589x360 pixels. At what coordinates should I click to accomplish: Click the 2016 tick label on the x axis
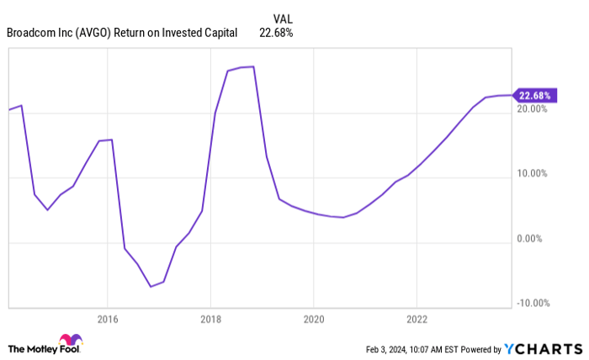click(107, 319)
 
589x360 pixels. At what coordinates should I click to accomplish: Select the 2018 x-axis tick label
click(210, 319)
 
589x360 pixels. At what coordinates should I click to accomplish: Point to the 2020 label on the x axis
click(313, 319)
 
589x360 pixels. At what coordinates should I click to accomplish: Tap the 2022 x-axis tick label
click(417, 319)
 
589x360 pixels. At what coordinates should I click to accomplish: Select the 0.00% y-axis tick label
click(533, 238)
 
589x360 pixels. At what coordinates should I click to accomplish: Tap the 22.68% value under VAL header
click(278, 33)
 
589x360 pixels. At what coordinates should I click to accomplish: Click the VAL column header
click(284, 18)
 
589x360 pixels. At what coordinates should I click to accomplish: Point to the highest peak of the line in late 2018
click(253, 66)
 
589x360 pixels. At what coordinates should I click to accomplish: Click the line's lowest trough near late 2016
click(151, 287)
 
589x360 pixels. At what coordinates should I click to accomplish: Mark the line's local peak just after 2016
click(112, 140)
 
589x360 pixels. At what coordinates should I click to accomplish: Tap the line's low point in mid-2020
click(342, 217)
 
